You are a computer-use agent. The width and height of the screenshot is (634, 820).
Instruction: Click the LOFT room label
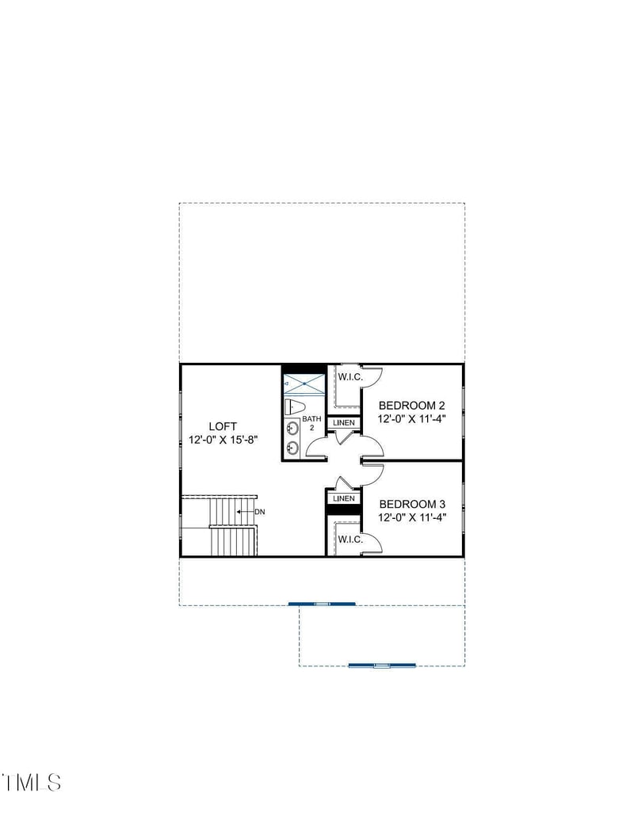click(223, 426)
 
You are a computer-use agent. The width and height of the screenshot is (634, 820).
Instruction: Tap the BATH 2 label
click(312, 422)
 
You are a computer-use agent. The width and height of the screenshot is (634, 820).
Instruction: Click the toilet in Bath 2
click(293, 406)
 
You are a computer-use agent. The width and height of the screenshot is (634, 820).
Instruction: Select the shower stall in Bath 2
click(304, 385)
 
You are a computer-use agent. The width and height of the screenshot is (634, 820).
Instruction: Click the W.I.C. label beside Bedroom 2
click(350, 377)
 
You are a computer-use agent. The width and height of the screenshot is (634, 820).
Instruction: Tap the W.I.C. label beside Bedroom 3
click(350, 540)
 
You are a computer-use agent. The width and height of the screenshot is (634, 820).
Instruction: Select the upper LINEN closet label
click(344, 423)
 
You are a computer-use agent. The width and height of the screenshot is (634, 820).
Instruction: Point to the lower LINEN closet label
click(344, 498)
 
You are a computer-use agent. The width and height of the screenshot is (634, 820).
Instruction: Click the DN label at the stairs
click(260, 512)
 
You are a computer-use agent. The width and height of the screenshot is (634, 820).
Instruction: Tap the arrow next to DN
click(245, 512)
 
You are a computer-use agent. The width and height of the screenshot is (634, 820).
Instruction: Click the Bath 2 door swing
click(316, 448)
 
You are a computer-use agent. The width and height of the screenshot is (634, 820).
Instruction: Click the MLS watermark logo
click(32, 782)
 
